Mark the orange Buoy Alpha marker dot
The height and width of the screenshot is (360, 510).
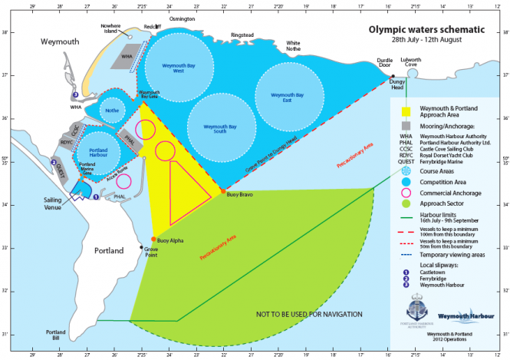(x=153, y=239)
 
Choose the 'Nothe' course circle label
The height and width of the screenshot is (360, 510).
(x=112, y=110)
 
